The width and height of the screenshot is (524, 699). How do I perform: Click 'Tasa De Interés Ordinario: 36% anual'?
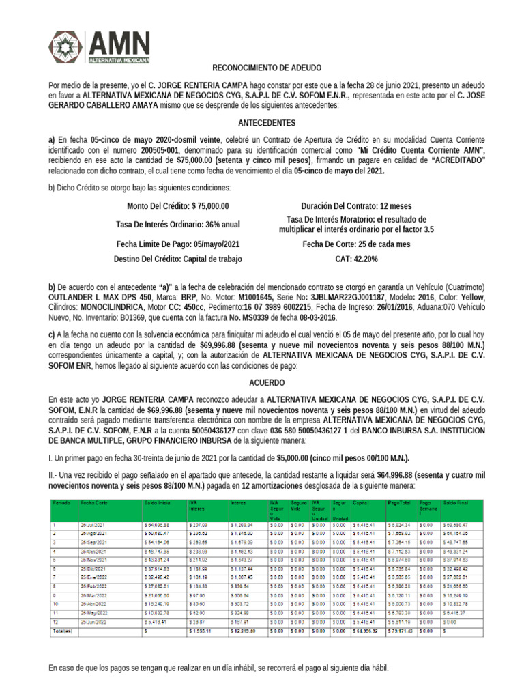177,225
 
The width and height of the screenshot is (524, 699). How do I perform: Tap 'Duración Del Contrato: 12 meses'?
355,206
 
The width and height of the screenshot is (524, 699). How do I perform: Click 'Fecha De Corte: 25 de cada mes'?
355,244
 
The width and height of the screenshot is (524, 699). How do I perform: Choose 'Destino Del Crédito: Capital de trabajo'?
177,259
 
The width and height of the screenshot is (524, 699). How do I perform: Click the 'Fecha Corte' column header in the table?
93,502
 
